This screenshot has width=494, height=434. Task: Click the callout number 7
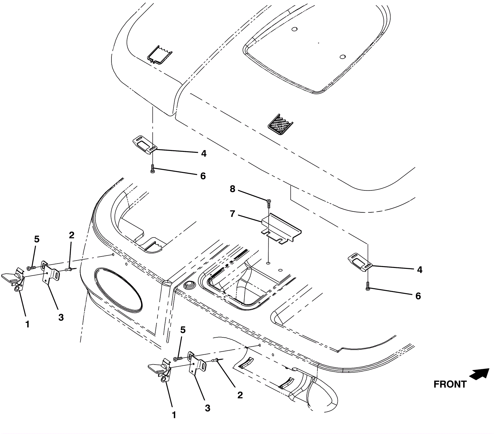(x=232, y=214)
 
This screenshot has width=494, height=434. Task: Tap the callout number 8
(x=232, y=189)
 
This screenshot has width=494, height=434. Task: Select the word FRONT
(x=450, y=384)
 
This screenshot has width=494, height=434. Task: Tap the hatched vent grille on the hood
(x=280, y=124)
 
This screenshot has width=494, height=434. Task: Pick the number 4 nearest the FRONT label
(x=419, y=270)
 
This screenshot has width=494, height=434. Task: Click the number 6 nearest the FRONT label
(x=418, y=296)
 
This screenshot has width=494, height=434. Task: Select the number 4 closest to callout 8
(x=203, y=153)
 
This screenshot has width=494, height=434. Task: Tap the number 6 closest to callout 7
(x=203, y=176)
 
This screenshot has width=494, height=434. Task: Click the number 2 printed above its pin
(x=72, y=235)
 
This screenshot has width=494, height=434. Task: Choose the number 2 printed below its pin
(x=240, y=395)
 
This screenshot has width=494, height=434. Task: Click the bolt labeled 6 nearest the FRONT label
(x=367, y=286)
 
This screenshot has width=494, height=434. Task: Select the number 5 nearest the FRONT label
(x=183, y=330)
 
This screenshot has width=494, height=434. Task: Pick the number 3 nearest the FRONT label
(x=207, y=408)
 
